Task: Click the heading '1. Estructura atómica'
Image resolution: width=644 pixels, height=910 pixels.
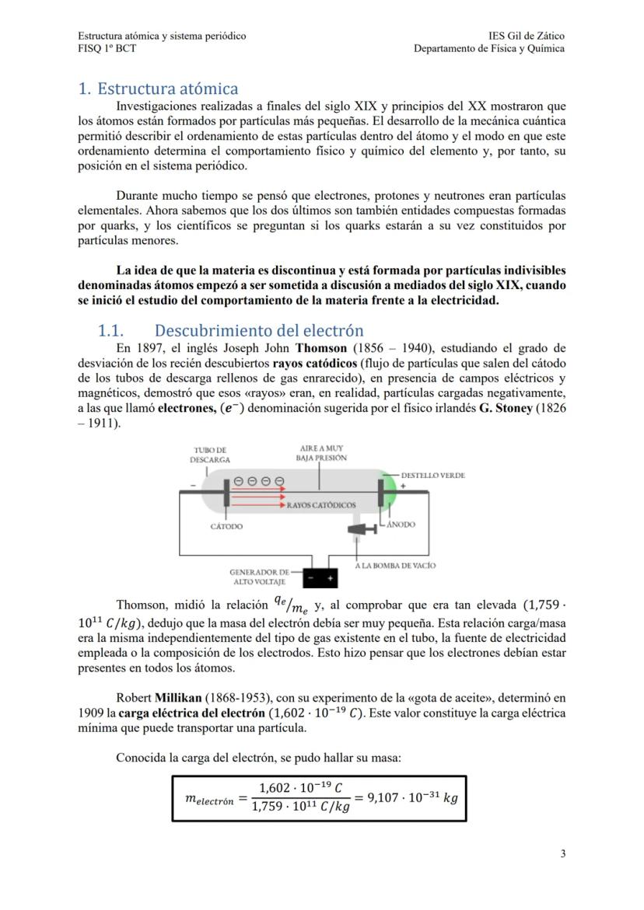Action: [x=158, y=89]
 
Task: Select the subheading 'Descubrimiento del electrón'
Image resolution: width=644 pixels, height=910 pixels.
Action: [x=259, y=330]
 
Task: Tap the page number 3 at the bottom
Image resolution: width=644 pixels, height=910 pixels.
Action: [x=562, y=854]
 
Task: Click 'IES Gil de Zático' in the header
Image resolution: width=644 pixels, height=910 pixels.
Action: [x=526, y=36]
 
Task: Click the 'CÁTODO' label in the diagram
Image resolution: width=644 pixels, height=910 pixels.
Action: [x=226, y=526]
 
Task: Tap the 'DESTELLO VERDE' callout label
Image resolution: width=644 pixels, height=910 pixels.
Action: [x=432, y=476]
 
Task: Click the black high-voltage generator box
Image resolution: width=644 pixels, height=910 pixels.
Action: [x=320, y=577]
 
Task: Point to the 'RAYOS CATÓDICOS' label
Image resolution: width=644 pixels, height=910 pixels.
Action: [x=321, y=505]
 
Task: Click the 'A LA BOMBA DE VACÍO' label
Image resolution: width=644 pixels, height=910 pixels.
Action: [x=395, y=565]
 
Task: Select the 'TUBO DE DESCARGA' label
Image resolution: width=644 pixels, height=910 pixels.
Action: [x=210, y=455]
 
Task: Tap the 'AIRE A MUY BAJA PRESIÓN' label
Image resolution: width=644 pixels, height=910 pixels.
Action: [x=321, y=453]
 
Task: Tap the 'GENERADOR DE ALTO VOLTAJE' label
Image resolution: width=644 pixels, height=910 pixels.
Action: [x=258, y=577]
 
